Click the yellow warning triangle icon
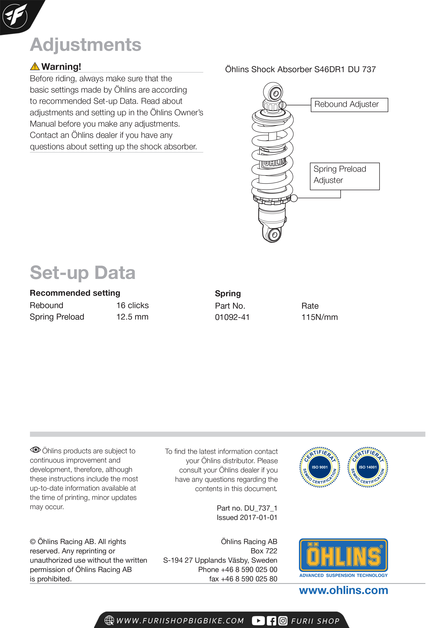click(x=35, y=66)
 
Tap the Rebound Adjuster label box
click(x=349, y=105)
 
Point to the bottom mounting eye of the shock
click(x=274, y=234)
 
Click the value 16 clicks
click(x=132, y=305)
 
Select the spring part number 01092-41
click(x=232, y=317)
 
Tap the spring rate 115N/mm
click(x=320, y=317)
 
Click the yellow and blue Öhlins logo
click(x=343, y=555)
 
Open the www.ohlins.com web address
click(x=343, y=591)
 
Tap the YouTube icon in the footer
click(x=258, y=621)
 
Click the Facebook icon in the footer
click(x=271, y=621)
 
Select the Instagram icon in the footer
click(x=283, y=621)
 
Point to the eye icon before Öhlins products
click(x=35, y=450)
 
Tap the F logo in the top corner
click(x=15, y=16)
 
